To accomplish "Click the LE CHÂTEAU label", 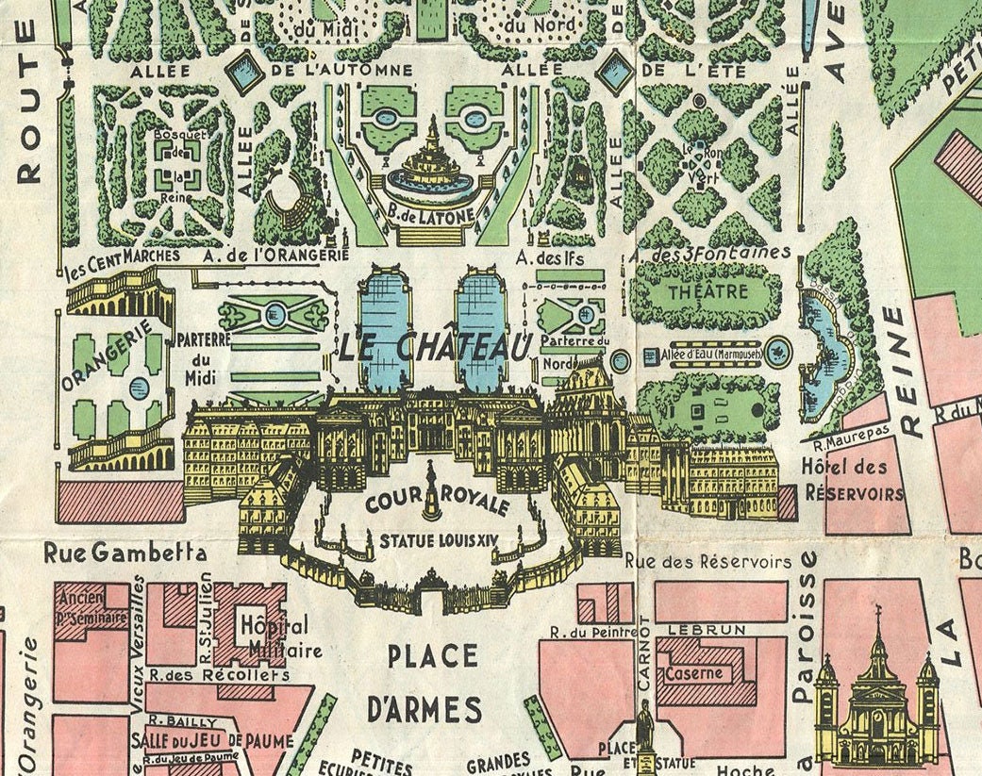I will click(436, 347).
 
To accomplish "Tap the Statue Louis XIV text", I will click(436, 541).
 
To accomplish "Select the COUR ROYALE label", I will click(436, 504).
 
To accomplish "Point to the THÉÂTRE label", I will click(707, 292).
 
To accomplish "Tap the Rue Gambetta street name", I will click(125, 553).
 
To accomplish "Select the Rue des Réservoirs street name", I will click(707, 562).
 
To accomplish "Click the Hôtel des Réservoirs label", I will click(854, 480).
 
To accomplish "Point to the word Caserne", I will click(693, 673).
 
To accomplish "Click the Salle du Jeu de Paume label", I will click(212, 740).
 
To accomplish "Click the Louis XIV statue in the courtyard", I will click(432, 490).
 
